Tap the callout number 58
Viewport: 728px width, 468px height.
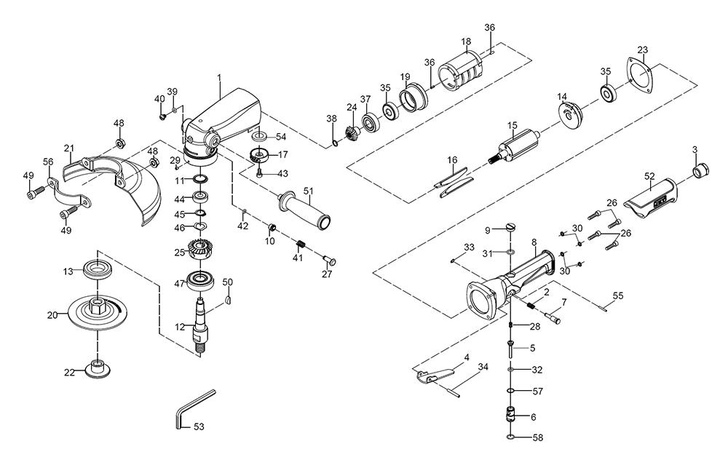pyautogui.click(x=537, y=439)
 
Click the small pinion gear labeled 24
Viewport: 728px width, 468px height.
pyautogui.click(x=352, y=130)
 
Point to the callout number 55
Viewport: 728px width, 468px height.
pyautogui.click(x=617, y=296)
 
